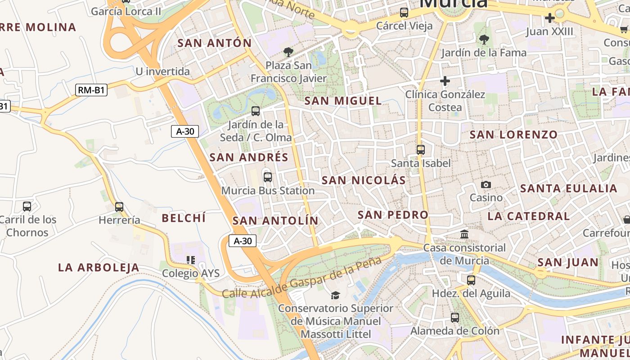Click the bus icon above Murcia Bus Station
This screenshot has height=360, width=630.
click(x=268, y=177)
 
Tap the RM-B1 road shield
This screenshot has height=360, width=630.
click(x=91, y=90)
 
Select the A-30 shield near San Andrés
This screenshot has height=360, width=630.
click(x=185, y=131)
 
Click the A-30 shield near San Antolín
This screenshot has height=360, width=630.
click(x=243, y=241)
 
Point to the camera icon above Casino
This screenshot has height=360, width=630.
click(x=486, y=184)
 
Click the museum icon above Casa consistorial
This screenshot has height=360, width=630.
click(x=464, y=234)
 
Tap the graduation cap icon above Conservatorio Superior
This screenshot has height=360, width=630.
click(x=335, y=295)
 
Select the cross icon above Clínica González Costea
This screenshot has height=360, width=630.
click(x=445, y=81)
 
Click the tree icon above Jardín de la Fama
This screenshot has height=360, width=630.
click(x=484, y=40)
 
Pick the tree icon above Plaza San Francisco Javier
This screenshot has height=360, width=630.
click(x=288, y=52)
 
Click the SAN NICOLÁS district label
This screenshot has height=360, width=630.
click(x=364, y=180)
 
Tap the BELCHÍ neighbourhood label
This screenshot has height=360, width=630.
click(x=184, y=218)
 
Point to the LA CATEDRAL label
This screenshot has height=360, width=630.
click(x=529, y=216)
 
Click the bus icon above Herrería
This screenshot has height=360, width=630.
click(x=119, y=207)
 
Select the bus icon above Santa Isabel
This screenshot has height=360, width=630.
click(x=421, y=150)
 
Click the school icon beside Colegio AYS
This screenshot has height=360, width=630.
click(x=191, y=260)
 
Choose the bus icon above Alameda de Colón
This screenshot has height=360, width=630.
click(x=455, y=318)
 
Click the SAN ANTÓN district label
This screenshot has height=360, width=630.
click(x=215, y=43)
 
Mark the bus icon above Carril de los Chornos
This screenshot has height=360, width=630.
click(x=27, y=207)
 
